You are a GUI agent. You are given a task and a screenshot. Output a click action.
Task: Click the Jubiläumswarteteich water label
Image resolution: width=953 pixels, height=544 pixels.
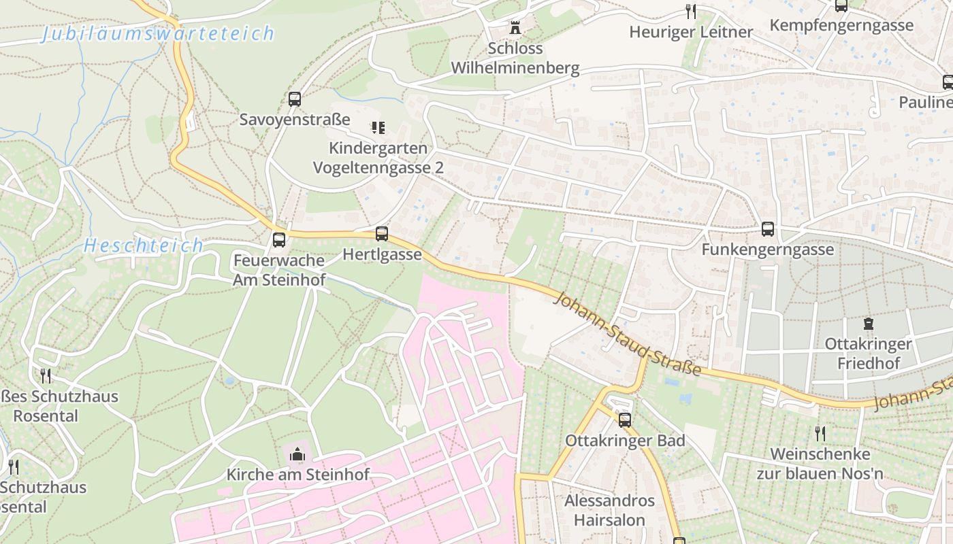(158, 33)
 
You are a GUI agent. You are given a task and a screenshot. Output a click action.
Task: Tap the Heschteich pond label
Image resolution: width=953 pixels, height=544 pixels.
(144, 245)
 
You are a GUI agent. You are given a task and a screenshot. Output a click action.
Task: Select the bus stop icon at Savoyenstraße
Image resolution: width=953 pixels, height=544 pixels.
(295, 99)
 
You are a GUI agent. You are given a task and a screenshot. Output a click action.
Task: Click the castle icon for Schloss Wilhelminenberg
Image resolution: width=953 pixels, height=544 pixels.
(515, 29)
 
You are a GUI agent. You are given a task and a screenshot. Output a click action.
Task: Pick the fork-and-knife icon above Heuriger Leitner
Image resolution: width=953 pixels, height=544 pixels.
(691, 12)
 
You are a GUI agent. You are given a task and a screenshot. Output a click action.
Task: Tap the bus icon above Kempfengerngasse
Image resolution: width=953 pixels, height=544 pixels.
(841, 5)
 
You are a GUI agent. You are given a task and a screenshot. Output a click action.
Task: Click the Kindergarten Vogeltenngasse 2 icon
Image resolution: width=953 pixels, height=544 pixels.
(378, 127)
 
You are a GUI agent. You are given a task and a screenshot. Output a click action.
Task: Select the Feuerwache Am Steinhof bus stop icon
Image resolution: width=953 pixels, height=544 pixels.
(279, 240)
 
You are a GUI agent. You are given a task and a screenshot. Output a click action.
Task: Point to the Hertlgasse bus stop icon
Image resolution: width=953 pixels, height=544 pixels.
(382, 235)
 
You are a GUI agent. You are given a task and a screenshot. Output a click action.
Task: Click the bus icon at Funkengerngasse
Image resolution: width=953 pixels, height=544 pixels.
(768, 229)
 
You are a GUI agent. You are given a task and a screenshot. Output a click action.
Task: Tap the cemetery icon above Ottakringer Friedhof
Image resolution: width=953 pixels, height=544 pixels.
(868, 324)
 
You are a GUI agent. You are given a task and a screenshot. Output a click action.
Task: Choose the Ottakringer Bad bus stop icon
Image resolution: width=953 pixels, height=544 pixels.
(625, 420)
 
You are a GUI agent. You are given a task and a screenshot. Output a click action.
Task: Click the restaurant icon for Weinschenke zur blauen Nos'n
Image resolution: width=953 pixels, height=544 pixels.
(820, 433)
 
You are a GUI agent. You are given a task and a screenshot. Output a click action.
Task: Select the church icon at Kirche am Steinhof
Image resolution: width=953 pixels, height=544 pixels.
(297, 454)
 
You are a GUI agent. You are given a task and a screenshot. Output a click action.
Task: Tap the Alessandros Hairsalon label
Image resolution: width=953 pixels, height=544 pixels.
(610, 511)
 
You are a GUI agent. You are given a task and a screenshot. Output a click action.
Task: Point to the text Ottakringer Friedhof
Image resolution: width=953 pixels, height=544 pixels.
(868, 354)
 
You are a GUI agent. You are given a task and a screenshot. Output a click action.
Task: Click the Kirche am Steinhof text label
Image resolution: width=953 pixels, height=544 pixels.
(297, 475)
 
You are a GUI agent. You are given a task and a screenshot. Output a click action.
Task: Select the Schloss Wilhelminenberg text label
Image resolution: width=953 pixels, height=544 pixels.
(515, 58)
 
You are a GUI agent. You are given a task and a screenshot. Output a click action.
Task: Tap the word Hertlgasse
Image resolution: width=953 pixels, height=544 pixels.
(382, 255)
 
